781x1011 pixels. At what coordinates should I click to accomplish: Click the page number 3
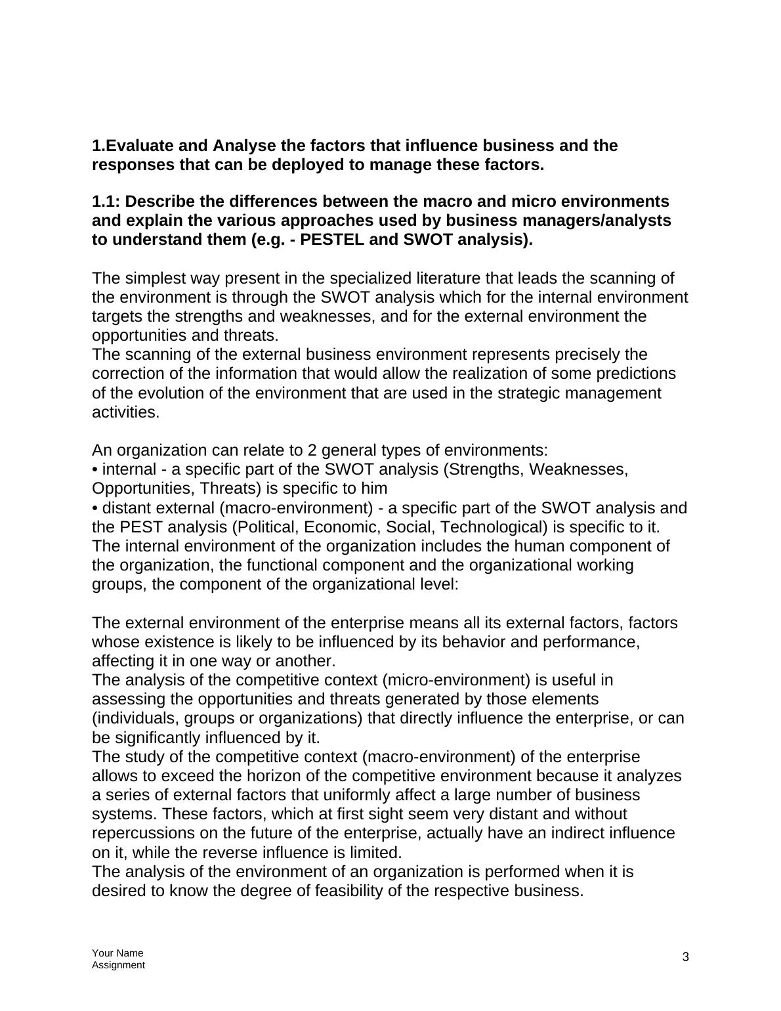tap(686, 957)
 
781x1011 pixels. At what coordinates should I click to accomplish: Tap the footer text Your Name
tap(117, 953)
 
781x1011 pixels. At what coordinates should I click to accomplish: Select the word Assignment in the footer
tap(118, 964)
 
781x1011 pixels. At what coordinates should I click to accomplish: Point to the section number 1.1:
tap(106, 201)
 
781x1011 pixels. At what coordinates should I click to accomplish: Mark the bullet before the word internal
tap(95, 470)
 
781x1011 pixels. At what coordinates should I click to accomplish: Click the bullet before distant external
tap(95, 508)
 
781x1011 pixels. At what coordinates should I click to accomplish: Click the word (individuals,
tap(135, 718)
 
